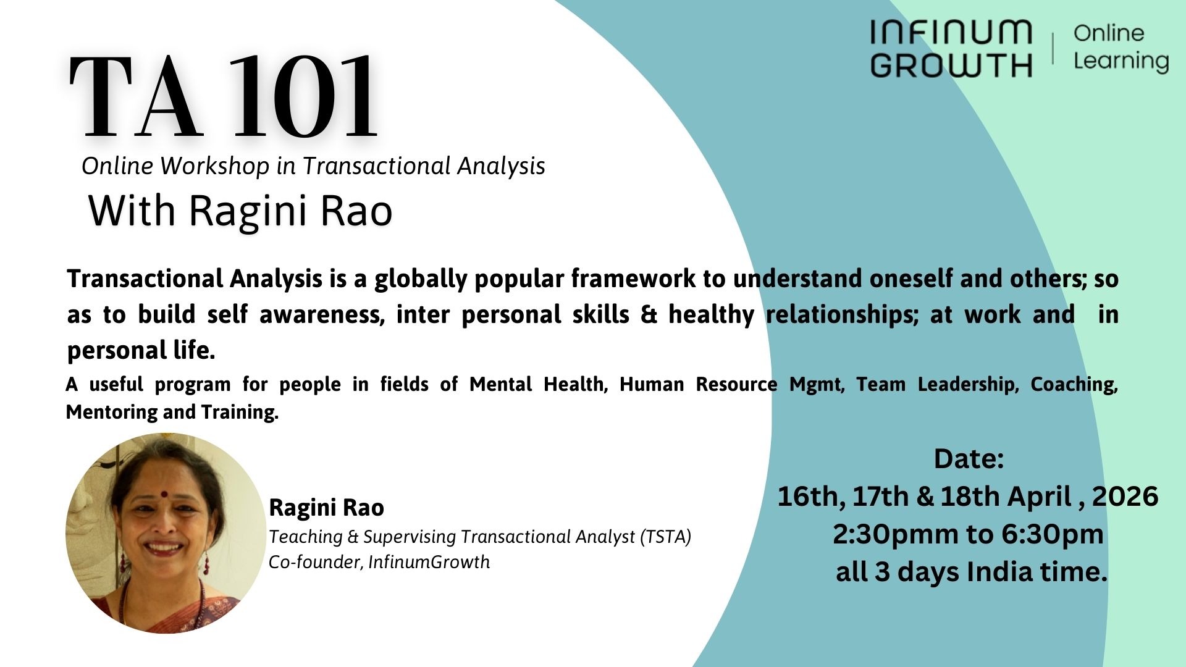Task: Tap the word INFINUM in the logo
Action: pyautogui.click(x=951, y=32)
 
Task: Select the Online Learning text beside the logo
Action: pyautogui.click(x=1121, y=47)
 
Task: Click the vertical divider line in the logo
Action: pyautogui.click(x=1053, y=48)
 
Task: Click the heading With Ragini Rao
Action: pyautogui.click(x=240, y=210)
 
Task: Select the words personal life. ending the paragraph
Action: pyautogui.click(x=141, y=351)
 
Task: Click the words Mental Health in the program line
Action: pyautogui.click(x=536, y=384)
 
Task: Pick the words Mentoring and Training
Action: pyautogui.click(x=172, y=412)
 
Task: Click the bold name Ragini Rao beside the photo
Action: pyautogui.click(x=326, y=508)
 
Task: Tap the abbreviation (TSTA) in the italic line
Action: pyautogui.click(x=665, y=537)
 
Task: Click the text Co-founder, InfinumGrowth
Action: pyautogui.click(x=379, y=562)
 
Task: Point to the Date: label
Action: pyautogui.click(x=968, y=459)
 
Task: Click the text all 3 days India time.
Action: pyautogui.click(x=970, y=572)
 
